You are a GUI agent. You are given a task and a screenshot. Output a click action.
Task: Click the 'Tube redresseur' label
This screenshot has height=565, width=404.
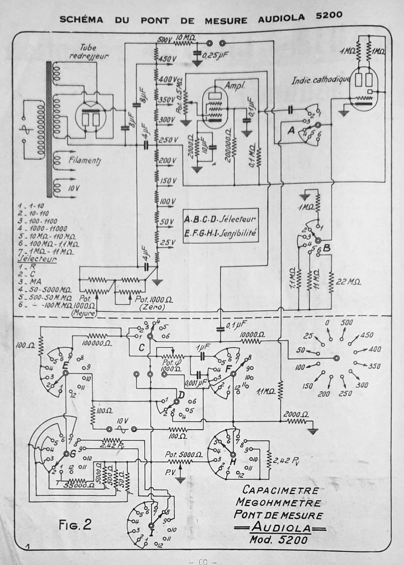click(x=88, y=52)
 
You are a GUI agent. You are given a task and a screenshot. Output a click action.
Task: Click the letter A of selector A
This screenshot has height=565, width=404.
click(x=291, y=131)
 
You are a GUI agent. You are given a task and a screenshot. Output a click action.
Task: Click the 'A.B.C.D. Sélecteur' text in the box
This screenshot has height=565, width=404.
click(x=220, y=219)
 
